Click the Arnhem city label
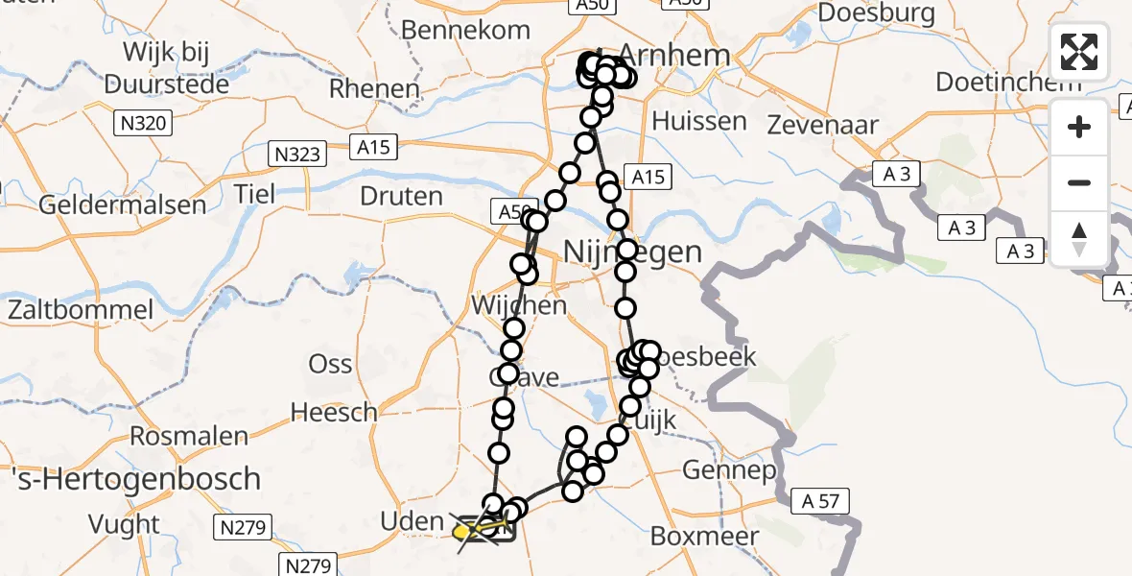click(675, 55)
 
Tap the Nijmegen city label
click(633, 252)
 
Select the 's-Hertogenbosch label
click(130, 478)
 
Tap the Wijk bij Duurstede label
click(167, 67)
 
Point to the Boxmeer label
click(704, 536)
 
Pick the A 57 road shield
click(820, 500)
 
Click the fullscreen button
click(1079, 52)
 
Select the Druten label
click(401, 198)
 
